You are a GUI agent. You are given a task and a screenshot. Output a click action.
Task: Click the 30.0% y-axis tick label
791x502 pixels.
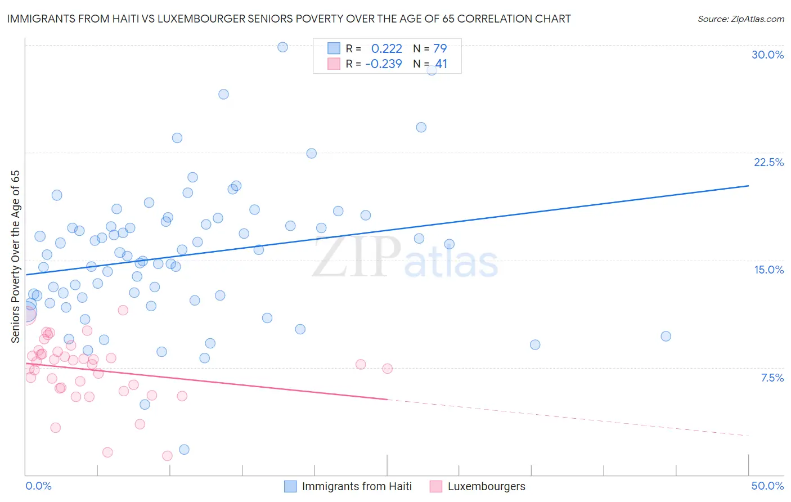pos(767,55)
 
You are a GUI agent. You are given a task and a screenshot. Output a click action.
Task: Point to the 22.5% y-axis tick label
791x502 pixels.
pos(768,162)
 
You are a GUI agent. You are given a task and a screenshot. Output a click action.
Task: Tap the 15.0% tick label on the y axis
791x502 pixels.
pos(768,270)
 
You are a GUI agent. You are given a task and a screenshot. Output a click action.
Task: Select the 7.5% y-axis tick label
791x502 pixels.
pos(772,378)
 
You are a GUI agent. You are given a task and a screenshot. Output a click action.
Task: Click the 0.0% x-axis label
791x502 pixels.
pos(38,486)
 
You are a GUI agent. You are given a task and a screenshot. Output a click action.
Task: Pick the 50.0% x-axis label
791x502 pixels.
pos(767,486)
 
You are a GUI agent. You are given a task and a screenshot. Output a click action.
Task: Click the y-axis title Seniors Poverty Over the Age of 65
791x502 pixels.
pos(15,257)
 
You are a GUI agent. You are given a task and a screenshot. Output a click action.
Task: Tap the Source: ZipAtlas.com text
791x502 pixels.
pos(740,19)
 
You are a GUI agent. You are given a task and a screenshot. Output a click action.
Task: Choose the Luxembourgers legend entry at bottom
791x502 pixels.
pos(486,486)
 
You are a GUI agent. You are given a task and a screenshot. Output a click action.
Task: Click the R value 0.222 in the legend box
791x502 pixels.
pos(386,48)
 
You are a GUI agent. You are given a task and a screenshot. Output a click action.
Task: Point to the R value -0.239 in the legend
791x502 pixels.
pos(384,64)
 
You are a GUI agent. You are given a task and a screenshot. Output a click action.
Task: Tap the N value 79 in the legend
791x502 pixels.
pos(440,48)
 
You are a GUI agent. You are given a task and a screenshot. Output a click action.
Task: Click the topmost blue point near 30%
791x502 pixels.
pos(282,47)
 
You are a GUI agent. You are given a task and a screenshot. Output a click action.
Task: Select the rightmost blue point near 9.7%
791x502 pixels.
pos(666,336)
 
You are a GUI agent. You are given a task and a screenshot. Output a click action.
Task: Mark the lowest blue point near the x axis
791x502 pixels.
pos(184,449)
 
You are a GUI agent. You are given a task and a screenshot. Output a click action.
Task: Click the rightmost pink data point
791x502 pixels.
pos(387,369)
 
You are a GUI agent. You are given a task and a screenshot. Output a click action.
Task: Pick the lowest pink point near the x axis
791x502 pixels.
pos(167,456)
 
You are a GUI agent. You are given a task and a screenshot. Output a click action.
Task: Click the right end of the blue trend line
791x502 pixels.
pos(748,186)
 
